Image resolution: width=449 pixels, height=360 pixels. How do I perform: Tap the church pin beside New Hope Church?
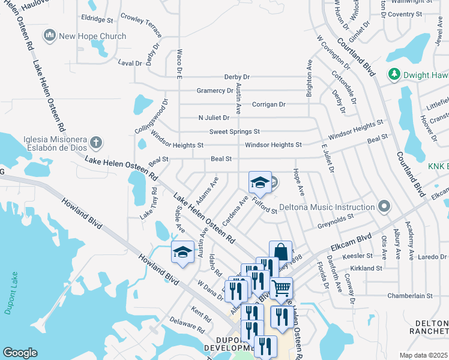[50, 36]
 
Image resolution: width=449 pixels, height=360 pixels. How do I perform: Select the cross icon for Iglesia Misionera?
[95, 143]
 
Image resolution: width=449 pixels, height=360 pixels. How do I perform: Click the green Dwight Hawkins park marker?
[394, 74]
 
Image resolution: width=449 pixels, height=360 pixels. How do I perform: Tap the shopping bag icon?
[280, 252]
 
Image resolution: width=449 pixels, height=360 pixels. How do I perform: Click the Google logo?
[20, 353]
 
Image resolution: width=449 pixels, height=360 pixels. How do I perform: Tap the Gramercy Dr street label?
[214, 91]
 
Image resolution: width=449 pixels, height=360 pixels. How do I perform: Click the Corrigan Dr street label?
[268, 104]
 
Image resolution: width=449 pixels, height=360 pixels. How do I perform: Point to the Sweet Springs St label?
[234, 131]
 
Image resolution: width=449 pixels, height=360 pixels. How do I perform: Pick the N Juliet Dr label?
[214, 118]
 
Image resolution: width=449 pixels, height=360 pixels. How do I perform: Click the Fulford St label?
[264, 206]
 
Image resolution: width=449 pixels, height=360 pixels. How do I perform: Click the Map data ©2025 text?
[424, 355]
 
